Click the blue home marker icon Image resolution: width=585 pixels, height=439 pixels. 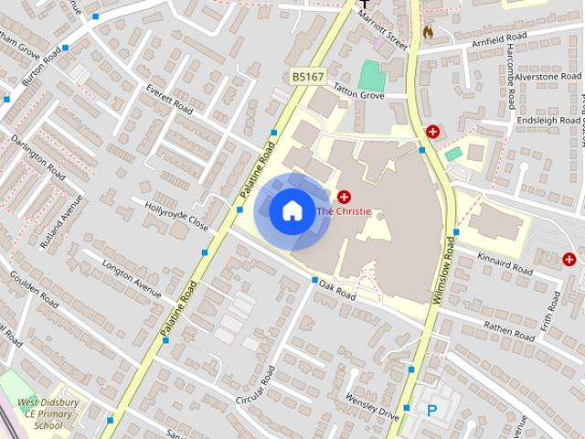click(292, 211)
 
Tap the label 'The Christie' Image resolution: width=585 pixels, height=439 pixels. click(344, 211)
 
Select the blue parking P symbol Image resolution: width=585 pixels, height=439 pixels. click(431, 412)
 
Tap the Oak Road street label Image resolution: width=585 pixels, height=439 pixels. click(337, 290)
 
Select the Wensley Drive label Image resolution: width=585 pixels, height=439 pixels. click(372, 407)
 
